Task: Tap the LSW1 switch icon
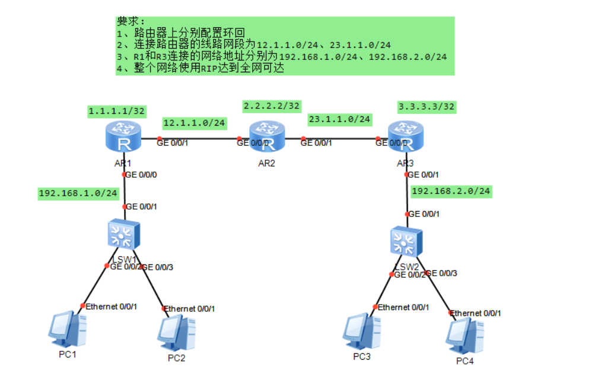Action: point(123,234)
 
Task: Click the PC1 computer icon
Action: point(67,330)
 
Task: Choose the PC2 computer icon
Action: point(176,333)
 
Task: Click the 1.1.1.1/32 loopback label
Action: point(116,111)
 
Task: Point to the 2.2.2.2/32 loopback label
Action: point(272,106)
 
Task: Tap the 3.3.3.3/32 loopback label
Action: point(426,107)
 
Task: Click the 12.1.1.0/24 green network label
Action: point(195,123)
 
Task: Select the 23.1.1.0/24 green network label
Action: point(339,120)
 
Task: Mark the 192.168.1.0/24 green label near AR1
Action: point(78,193)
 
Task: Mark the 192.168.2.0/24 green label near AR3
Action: point(451,191)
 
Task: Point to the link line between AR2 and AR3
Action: point(341,140)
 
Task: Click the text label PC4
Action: point(465,361)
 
